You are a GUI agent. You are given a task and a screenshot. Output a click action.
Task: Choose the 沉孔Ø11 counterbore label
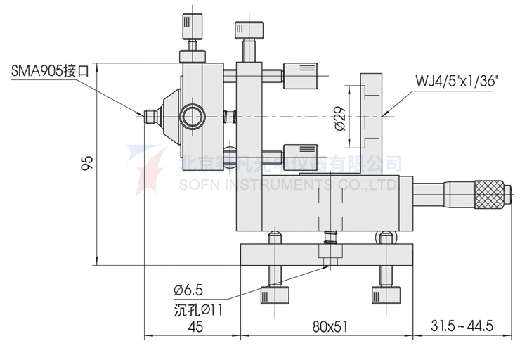(x=197, y=308)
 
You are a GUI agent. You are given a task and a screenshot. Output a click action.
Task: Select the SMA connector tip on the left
(x=150, y=115)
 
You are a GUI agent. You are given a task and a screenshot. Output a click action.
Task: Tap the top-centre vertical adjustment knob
(x=249, y=32)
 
